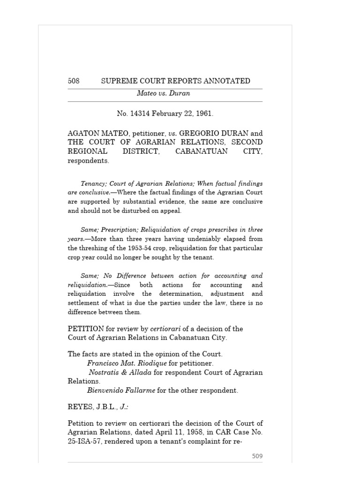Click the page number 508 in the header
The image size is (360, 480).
click(74, 81)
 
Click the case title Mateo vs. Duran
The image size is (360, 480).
click(163, 93)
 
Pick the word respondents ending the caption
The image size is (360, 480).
click(88, 160)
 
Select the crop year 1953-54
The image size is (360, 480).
click(154, 248)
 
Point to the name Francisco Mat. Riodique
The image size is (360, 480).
click(127, 363)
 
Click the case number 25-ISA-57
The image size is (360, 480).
click(84, 442)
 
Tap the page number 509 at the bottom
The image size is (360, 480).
click(257, 456)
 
